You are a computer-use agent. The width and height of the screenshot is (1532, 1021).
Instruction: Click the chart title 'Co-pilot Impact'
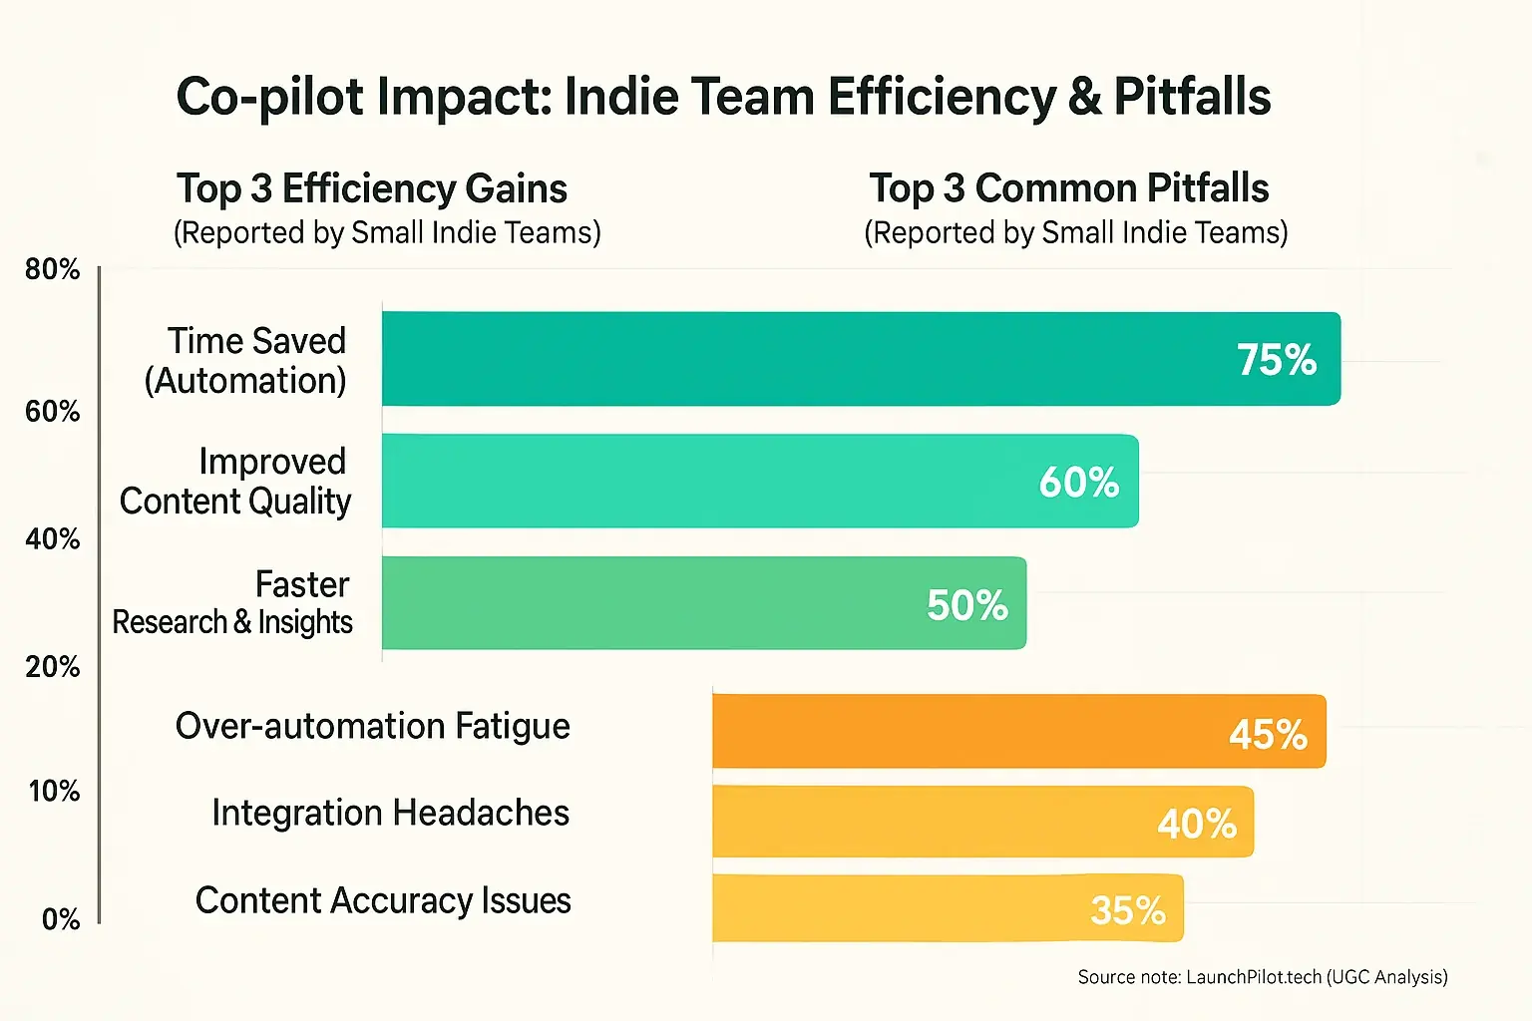(x=723, y=98)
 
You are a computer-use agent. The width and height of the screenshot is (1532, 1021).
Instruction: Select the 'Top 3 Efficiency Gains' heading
(x=372, y=188)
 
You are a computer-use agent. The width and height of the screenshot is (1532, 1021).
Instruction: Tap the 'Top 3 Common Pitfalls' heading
(x=1068, y=188)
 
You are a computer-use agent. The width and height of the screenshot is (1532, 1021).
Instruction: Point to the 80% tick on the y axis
(x=53, y=269)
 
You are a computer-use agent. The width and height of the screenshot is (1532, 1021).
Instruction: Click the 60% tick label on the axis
(x=53, y=411)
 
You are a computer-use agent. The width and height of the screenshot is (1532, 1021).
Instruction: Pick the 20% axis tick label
(x=53, y=666)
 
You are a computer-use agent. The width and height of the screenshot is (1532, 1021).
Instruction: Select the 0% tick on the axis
(x=61, y=918)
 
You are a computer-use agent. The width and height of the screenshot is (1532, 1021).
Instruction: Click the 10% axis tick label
(x=54, y=791)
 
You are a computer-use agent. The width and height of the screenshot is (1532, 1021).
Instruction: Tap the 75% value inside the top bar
(x=1276, y=360)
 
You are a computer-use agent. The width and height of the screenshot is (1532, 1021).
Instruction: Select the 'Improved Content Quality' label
(x=235, y=481)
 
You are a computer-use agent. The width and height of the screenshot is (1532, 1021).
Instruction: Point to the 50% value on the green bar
(x=966, y=605)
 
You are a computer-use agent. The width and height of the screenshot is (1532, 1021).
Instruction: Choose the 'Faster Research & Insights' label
(x=232, y=602)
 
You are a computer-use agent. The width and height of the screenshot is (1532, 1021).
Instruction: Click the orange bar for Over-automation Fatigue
(x=1017, y=732)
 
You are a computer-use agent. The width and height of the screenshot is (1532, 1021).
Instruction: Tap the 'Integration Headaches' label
(x=390, y=813)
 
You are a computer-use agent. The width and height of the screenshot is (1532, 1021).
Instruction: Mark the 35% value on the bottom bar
(x=1127, y=910)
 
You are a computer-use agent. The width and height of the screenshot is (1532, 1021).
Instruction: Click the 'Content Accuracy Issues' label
(x=383, y=900)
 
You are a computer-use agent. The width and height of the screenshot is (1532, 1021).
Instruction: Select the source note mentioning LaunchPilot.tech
(x=1262, y=977)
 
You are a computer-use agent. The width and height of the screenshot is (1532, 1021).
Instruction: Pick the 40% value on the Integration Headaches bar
(x=1196, y=824)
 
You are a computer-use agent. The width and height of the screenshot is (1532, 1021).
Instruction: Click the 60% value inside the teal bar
(x=1078, y=483)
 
